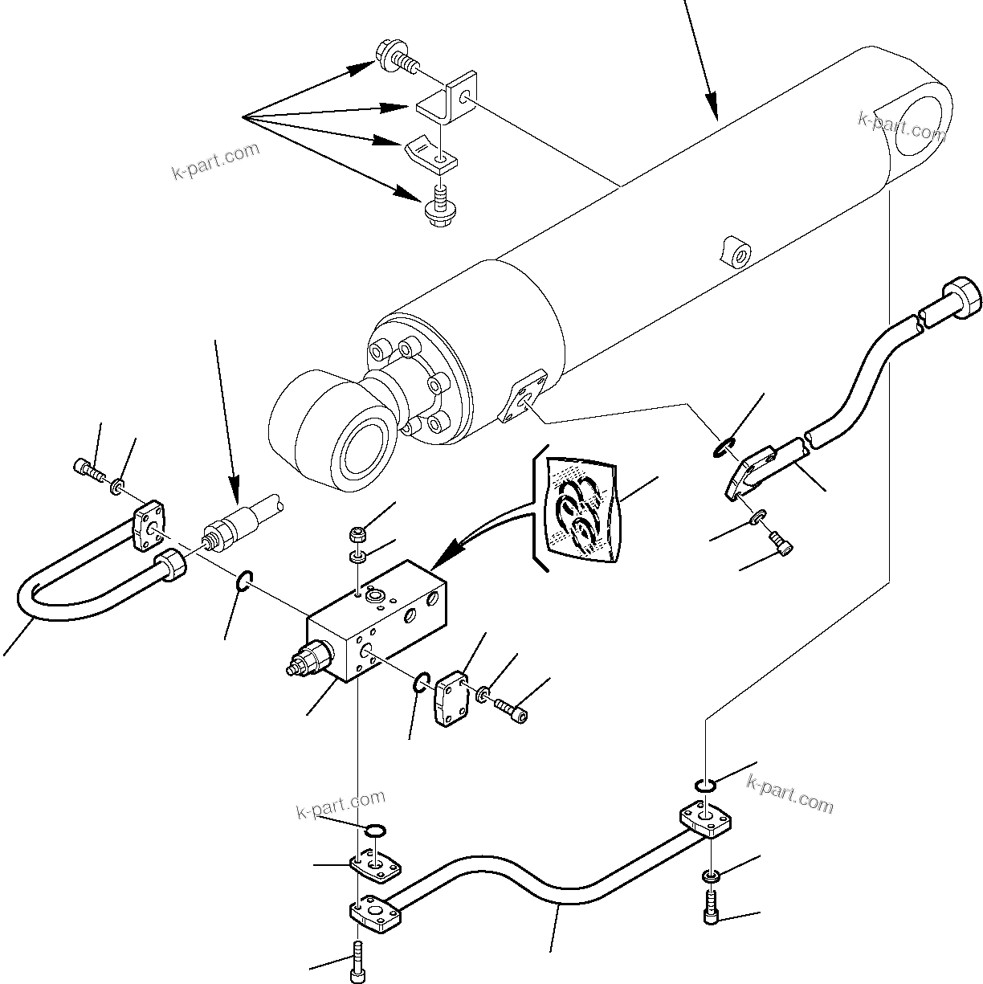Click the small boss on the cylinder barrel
tap(736, 253)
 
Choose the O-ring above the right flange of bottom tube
tap(703, 785)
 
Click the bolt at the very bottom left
tap(357, 964)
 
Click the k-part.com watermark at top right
tap(901, 125)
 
